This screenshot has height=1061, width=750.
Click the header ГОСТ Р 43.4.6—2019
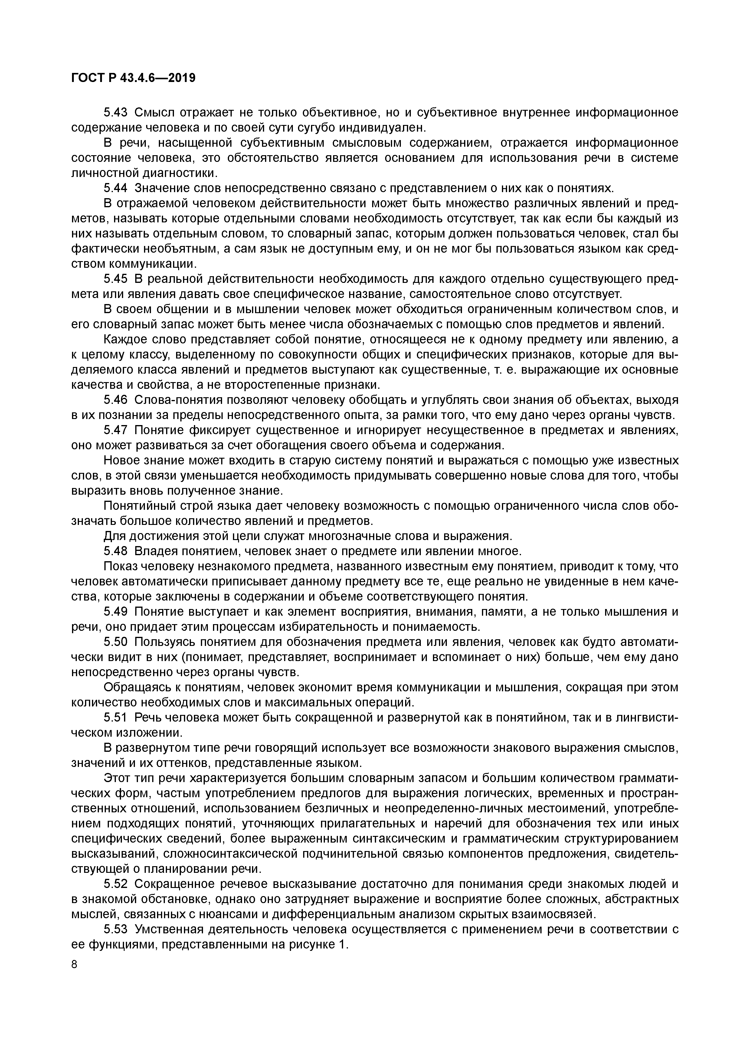(133, 78)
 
